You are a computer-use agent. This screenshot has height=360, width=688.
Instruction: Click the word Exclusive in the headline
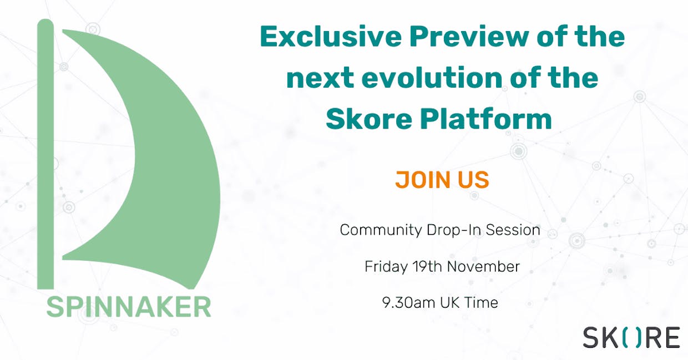[331, 36]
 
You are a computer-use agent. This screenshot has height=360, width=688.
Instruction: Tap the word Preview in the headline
[469, 36]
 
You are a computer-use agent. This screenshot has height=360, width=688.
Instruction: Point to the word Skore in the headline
[368, 119]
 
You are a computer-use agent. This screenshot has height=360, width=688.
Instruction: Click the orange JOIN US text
[442, 180]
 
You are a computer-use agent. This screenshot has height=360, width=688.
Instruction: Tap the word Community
[381, 230]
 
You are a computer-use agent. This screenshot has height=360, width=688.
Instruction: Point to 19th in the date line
[427, 266]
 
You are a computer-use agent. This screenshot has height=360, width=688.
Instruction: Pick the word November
[483, 266]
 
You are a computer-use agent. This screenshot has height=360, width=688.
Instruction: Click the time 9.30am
[408, 302]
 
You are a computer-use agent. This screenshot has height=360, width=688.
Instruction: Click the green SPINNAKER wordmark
[129, 307]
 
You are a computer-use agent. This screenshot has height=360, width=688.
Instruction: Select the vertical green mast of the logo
[45, 154]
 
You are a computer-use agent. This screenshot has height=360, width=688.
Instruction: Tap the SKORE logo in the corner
[631, 338]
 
